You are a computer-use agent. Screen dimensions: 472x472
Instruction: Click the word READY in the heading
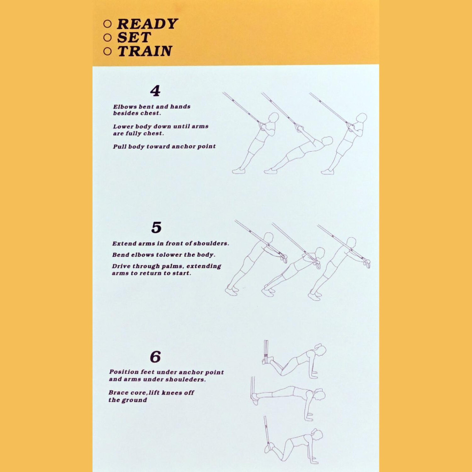pos(147,24)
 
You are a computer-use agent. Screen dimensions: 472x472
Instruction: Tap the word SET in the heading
pos(134,37)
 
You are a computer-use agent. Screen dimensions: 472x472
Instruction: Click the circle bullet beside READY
pos(108,24)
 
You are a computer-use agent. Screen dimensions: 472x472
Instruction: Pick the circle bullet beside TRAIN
pos(108,51)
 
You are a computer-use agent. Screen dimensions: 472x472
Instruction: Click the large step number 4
pos(155,91)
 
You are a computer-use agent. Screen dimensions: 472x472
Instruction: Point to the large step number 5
pos(156,228)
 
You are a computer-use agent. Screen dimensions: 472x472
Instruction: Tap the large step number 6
pos(155,357)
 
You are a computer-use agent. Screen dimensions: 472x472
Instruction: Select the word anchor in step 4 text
pos(184,147)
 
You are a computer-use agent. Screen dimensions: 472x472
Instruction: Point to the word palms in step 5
pos(174,267)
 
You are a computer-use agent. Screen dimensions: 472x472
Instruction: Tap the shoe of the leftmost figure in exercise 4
pos(239,171)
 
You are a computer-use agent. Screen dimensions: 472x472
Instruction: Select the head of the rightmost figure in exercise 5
pos(351,242)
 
